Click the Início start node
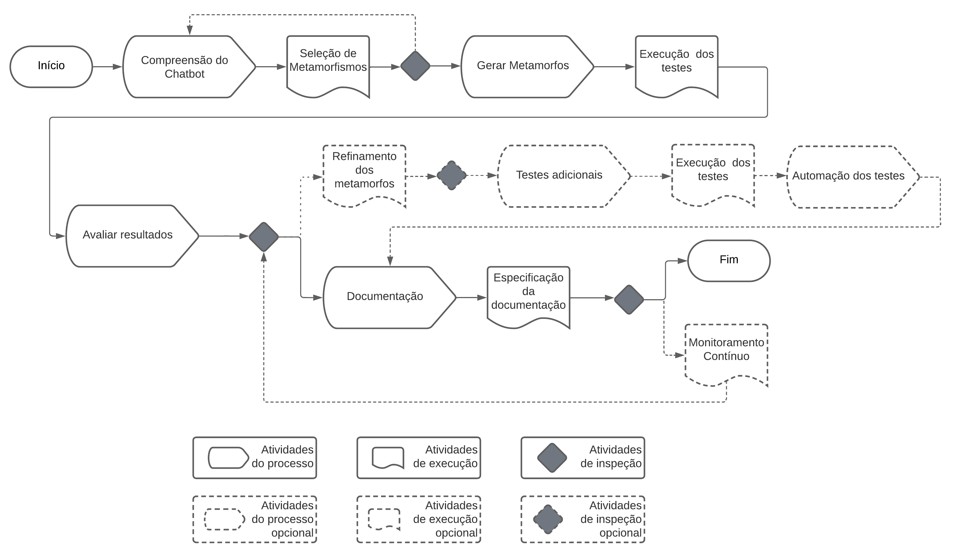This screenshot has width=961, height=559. pos(51,67)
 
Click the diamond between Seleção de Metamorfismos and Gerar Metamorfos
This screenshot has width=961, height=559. pos(415,66)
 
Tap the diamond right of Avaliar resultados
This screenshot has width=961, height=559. pos(264,237)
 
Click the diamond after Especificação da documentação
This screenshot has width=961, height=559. pos(629,299)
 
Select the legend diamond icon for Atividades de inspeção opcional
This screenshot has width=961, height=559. pos(548,519)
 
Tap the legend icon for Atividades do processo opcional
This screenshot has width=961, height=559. pos(225,519)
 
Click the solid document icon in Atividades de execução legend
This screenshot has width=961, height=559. pos(388,458)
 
